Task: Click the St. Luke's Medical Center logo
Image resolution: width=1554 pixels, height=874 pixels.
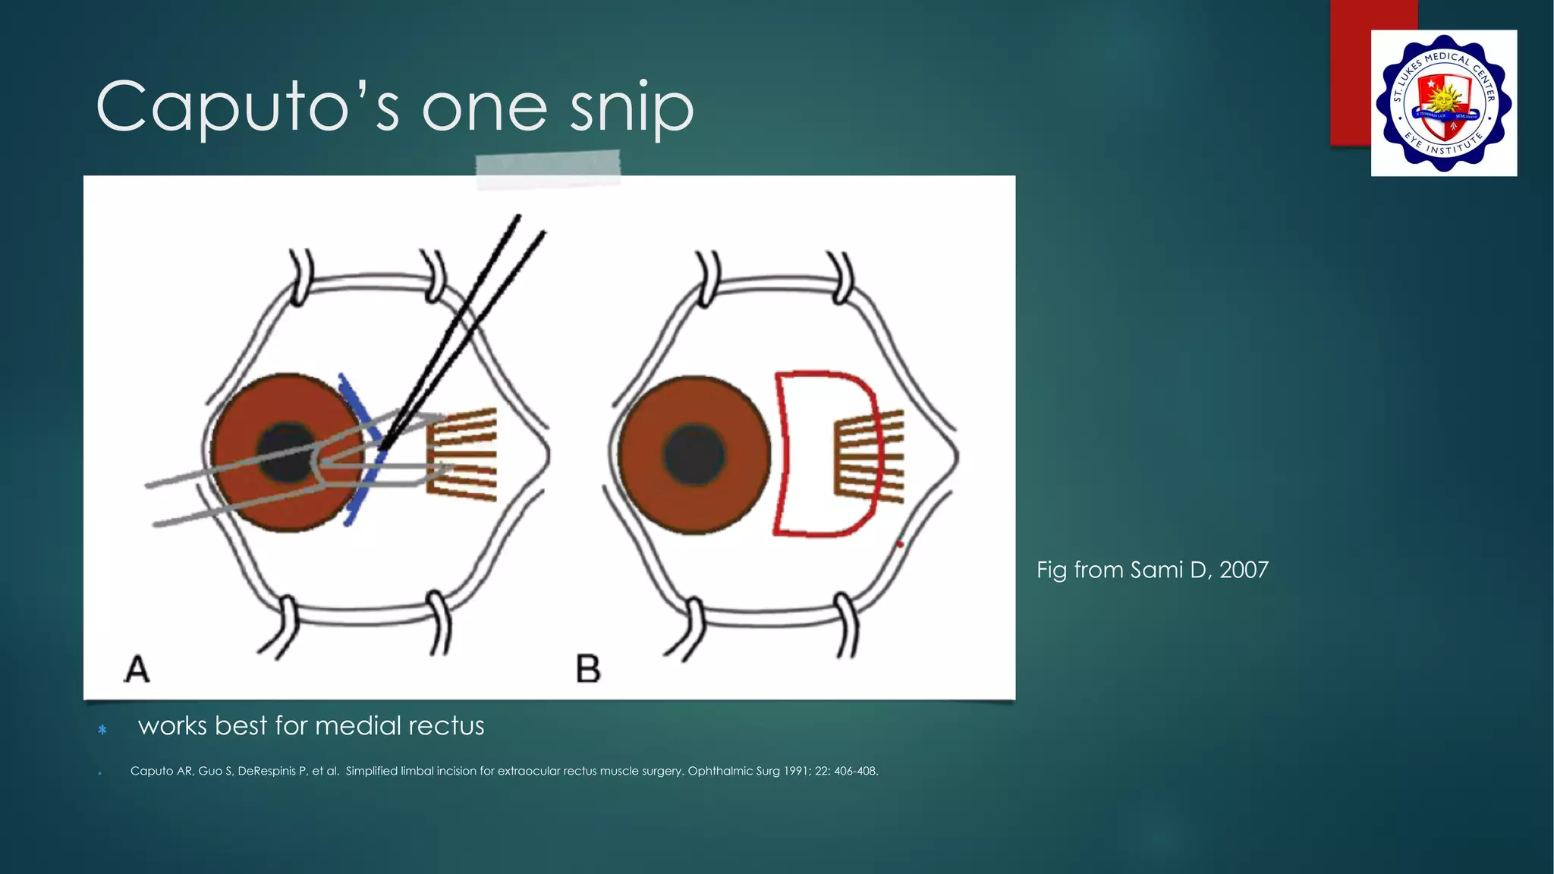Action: pos(1443,103)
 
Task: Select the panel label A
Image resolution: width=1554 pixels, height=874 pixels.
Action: pos(137,669)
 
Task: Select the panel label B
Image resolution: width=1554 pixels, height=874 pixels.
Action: pos(588,669)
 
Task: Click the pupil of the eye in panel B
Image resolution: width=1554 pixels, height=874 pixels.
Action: pos(694,455)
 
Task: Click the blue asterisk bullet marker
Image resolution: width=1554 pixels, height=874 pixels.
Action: pos(102,730)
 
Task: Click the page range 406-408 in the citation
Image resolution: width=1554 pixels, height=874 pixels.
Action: pos(855,771)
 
